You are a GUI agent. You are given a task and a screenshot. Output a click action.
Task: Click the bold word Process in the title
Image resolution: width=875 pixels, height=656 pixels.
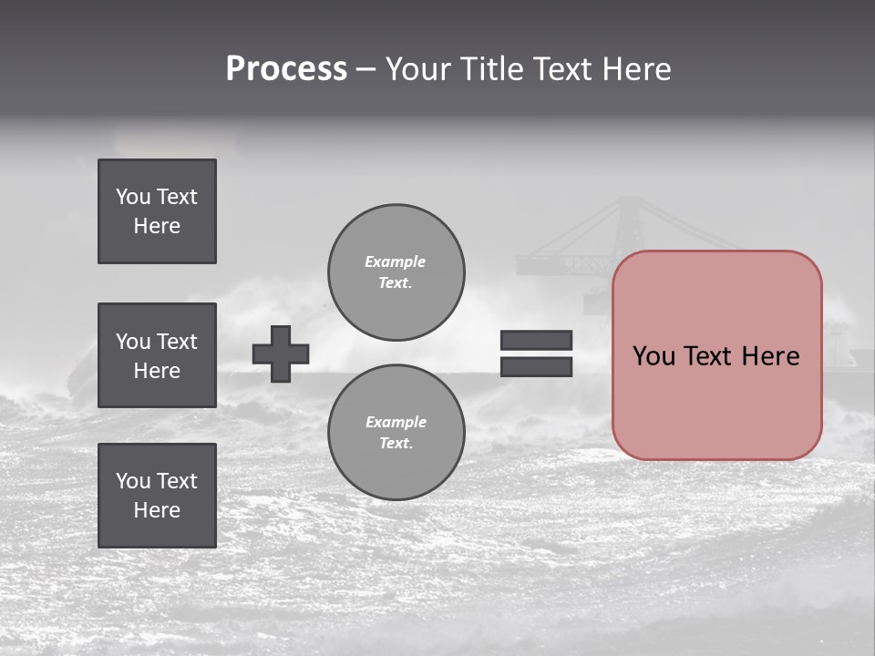click(x=286, y=69)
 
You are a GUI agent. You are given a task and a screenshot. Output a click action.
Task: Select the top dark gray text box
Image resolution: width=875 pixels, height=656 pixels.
click(x=157, y=211)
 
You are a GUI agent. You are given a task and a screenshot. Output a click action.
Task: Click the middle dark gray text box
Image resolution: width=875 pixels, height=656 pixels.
click(x=157, y=355)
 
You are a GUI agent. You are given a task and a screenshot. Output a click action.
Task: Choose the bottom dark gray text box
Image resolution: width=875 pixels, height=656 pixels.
click(x=157, y=496)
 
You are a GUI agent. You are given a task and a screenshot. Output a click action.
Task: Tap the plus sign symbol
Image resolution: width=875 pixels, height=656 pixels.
click(x=281, y=354)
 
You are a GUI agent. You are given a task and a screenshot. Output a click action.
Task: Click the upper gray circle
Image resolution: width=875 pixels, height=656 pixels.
click(x=396, y=272)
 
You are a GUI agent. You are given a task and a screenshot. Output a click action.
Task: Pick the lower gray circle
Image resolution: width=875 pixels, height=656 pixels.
click(x=396, y=432)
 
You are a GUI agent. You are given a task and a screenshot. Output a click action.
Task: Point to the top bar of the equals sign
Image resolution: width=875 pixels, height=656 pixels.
click(x=536, y=340)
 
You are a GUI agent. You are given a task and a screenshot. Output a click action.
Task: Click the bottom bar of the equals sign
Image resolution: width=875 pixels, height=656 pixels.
click(x=536, y=366)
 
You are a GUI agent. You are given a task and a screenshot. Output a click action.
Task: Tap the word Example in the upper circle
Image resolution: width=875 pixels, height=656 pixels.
click(x=395, y=261)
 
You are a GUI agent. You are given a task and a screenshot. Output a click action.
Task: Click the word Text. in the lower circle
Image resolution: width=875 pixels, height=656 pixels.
click(x=396, y=444)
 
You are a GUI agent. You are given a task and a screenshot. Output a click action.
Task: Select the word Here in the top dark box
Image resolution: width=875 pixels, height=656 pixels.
click(x=157, y=226)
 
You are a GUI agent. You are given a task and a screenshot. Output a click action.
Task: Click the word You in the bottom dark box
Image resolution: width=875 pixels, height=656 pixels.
click(x=132, y=481)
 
